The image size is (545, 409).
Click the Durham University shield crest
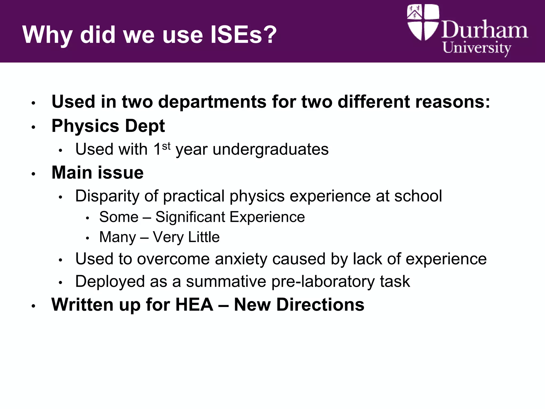(423, 22)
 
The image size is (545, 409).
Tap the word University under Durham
(477, 48)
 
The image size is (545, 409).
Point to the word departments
(212, 102)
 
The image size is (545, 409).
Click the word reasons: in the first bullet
(452, 102)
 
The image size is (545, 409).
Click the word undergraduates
(270, 149)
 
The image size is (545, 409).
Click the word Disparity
(107, 196)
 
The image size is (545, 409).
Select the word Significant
(190, 217)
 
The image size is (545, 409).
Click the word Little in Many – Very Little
(204, 237)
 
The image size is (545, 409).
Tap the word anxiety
(240, 259)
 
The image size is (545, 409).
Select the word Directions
(320, 304)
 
